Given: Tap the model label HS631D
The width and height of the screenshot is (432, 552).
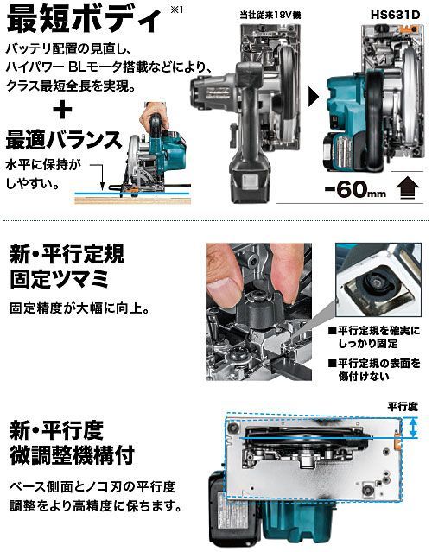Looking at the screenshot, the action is pyautogui.click(x=396, y=15).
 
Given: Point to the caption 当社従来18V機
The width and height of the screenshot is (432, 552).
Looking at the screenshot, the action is pyautogui.click(x=270, y=15).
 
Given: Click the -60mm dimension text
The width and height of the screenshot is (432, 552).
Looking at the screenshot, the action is pyautogui.click(x=355, y=189).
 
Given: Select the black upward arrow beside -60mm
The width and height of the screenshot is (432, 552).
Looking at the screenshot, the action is pyautogui.click(x=408, y=188).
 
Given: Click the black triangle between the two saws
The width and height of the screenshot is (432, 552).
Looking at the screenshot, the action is pyautogui.click(x=313, y=97).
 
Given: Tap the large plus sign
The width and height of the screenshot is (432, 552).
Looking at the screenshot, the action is pyautogui.click(x=62, y=110).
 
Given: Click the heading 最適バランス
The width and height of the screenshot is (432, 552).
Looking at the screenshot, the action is pyautogui.click(x=64, y=140).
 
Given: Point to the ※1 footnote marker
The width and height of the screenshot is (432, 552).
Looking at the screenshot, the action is pyautogui.click(x=177, y=10).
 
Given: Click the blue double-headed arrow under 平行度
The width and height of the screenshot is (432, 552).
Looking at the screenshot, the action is pyautogui.click(x=413, y=428).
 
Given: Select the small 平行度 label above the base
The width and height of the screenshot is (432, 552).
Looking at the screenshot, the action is pyautogui.click(x=403, y=407).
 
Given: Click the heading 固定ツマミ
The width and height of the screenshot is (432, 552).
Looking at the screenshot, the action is pyautogui.click(x=60, y=279).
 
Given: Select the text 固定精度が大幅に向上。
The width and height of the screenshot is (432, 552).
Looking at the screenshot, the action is pyautogui.click(x=80, y=308).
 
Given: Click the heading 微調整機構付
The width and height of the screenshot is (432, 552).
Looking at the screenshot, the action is pyautogui.click(x=72, y=455).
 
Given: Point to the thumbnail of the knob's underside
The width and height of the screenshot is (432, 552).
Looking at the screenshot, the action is pyautogui.click(x=378, y=280).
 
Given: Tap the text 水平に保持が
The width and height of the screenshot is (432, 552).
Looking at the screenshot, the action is pyautogui.click(x=43, y=165).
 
